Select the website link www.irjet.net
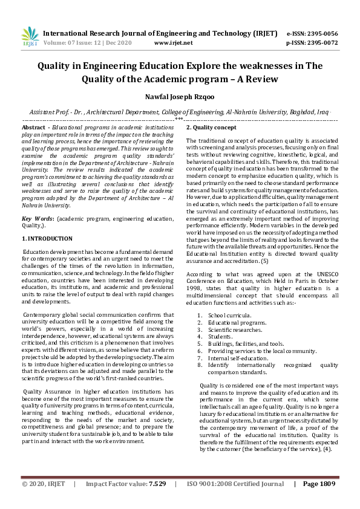pyautogui.click(x=174, y=43)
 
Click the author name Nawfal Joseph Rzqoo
pyautogui.click(x=179, y=96)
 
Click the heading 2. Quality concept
pyautogui.click(x=211, y=128)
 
